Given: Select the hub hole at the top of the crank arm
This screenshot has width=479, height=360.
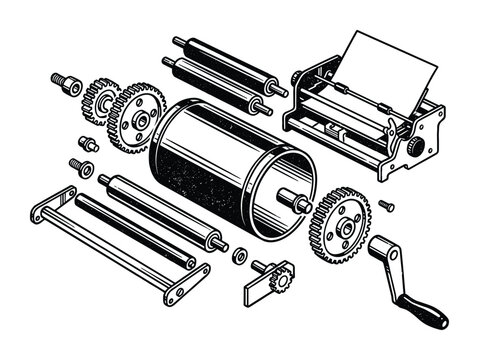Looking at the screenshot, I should tap(382, 247).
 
